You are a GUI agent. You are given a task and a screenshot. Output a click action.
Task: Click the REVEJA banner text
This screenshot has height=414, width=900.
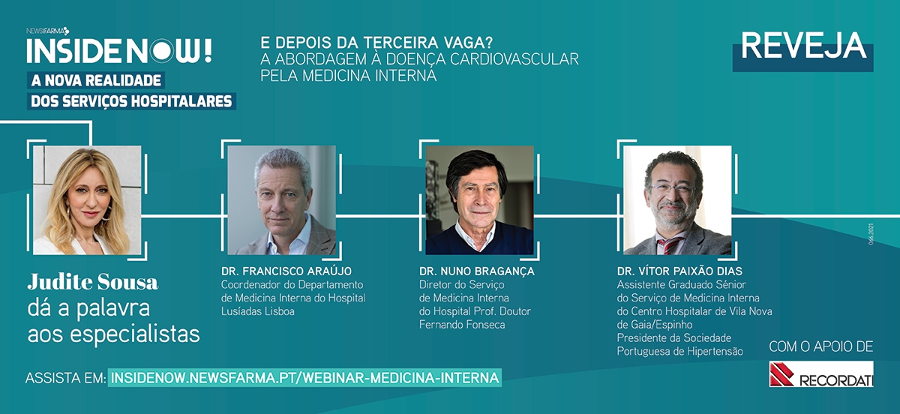pyautogui.click(x=803, y=46)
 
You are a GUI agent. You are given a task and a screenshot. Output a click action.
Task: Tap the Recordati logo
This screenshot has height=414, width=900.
pyautogui.click(x=821, y=373)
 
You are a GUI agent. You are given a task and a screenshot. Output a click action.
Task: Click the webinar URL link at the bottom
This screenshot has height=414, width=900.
pyautogui.click(x=305, y=378)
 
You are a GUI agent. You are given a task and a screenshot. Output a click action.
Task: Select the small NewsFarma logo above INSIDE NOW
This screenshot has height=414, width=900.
pyautogui.click(x=48, y=31)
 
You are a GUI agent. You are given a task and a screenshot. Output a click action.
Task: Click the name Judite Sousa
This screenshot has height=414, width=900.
pyautogui.click(x=93, y=282)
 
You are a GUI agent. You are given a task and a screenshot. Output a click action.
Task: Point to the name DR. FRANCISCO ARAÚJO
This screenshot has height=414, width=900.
pyautogui.click(x=286, y=271)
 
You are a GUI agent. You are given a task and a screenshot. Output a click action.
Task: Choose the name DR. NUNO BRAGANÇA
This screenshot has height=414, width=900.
pyautogui.click(x=477, y=271)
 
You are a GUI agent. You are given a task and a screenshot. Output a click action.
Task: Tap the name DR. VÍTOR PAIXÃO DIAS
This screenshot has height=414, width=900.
pyautogui.click(x=679, y=271)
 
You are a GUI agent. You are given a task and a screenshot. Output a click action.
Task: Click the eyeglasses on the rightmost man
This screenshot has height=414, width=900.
pyautogui.click(x=672, y=188)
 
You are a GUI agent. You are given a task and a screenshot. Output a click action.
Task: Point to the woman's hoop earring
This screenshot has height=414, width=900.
pyautogui.click(x=106, y=214)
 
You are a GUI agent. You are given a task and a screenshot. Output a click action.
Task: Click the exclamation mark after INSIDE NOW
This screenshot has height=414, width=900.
pyautogui.click(x=208, y=51)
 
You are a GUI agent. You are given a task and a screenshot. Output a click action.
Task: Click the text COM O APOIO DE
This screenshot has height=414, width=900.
pyautogui.click(x=820, y=346)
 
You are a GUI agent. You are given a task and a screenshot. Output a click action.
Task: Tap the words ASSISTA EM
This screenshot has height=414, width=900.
pyautogui.click(x=65, y=378)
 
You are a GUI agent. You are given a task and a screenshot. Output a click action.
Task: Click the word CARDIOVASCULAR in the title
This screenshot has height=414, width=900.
pyautogui.click(x=514, y=59)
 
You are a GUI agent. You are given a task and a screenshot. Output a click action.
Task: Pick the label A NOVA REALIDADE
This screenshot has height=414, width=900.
pyautogui.click(x=96, y=80)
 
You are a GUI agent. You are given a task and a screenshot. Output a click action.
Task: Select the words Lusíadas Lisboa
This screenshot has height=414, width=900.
pyautogui.click(x=257, y=311)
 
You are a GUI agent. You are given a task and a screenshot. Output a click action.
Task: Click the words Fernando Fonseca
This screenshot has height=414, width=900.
pyautogui.click(x=462, y=325)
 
